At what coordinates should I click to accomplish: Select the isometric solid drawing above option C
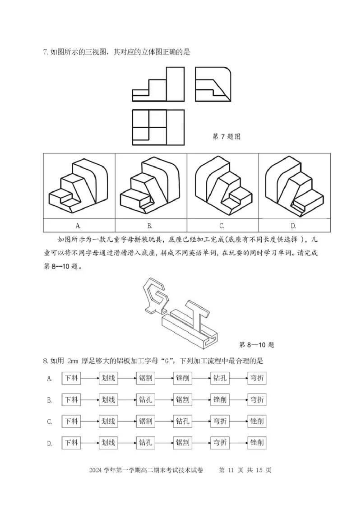tap(222, 186)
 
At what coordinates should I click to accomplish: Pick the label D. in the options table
tap(293, 225)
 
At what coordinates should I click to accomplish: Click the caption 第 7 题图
tap(226, 136)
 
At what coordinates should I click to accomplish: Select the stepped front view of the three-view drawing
tap(158, 84)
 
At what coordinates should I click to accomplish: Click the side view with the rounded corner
tap(213, 84)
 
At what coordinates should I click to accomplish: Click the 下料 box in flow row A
tap(71, 378)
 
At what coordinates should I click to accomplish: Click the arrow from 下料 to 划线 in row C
tap(89, 422)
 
